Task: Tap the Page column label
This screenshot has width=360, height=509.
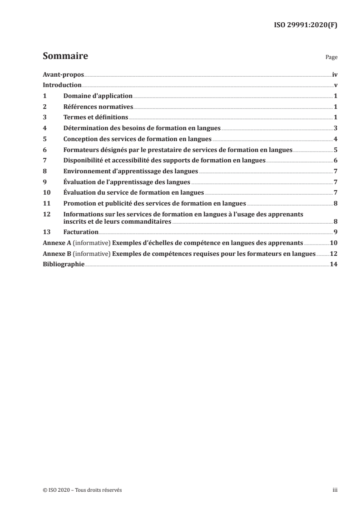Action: click(x=332, y=58)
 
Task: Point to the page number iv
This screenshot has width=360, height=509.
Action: click(x=335, y=74)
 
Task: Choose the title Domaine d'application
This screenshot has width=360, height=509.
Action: click(x=98, y=96)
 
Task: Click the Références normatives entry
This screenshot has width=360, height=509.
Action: click(x=98, y=107)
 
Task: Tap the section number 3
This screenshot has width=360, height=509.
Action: click(x=44, y=117)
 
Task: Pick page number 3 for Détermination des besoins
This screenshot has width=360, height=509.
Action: click(x=335, y=128)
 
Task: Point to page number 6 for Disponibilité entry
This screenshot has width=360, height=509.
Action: click(x=335, y=161)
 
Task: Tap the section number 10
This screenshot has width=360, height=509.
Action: click(x=46, y=192)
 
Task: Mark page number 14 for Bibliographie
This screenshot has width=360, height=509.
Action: click(x=333, y=264)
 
